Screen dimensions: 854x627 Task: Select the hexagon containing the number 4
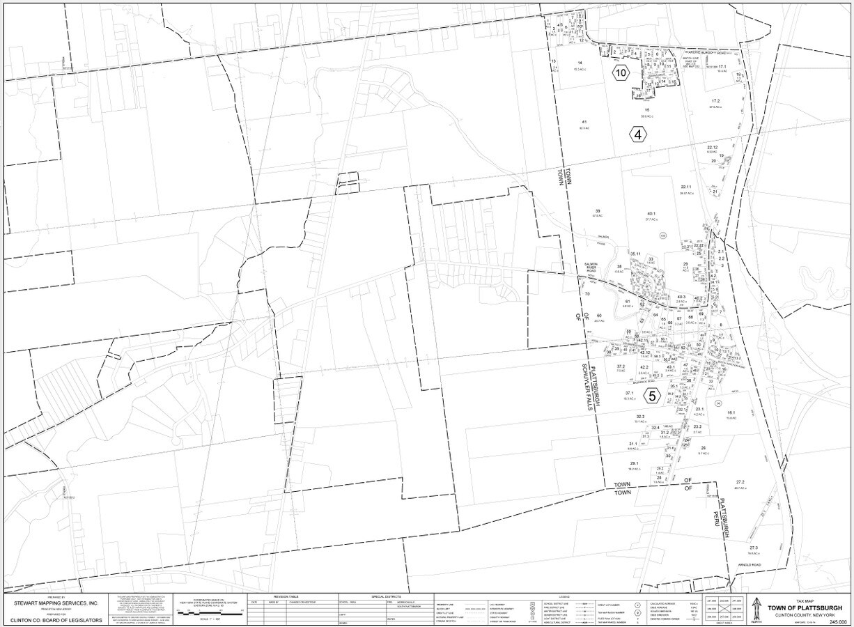point(637,134)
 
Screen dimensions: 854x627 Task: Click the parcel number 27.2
point(740,482)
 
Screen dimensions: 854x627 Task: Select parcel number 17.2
point(715,102)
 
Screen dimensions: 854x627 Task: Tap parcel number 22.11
point(686,187)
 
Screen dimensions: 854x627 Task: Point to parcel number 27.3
point(754,548)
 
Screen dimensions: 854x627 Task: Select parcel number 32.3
point(640,417)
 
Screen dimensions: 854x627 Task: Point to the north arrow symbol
point(758,609)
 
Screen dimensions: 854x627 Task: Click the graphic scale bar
point(210,613)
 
